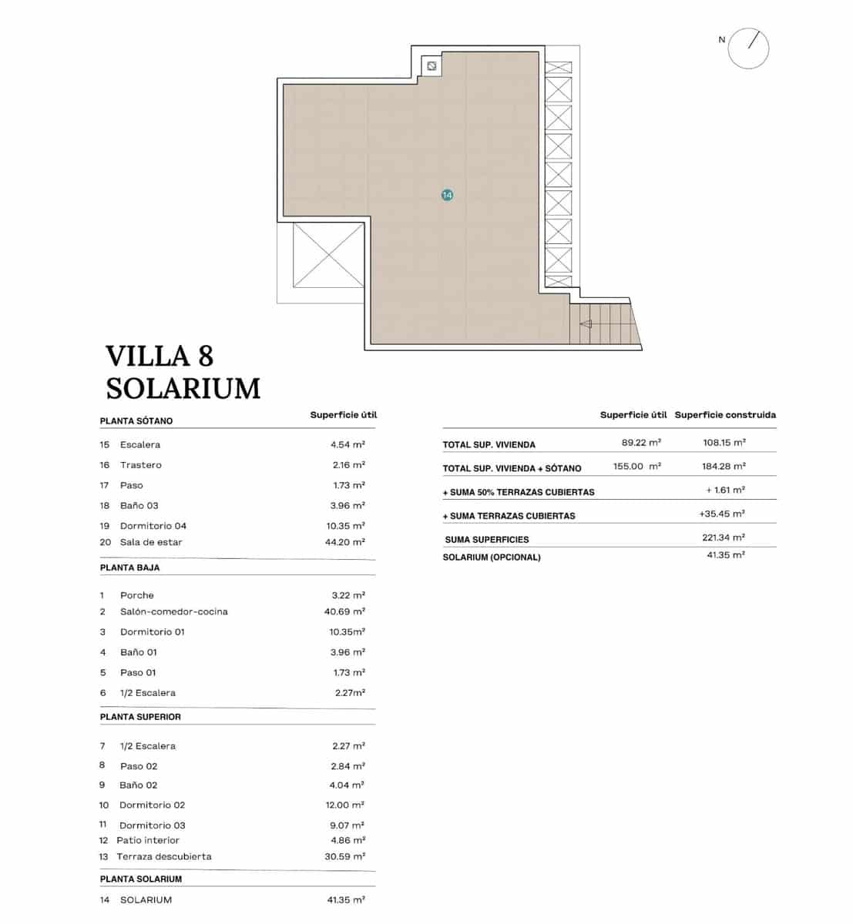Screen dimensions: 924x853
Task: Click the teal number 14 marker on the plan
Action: [447, 195]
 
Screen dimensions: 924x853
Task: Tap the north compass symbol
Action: [748, 48]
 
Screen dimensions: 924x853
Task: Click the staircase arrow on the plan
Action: [586, 324]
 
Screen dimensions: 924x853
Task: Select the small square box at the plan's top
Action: [432, 66]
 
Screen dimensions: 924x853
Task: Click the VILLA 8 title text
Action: [159, 357]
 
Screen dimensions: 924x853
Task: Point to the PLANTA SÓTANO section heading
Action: [136, 421]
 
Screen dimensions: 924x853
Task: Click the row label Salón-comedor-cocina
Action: [173, 611]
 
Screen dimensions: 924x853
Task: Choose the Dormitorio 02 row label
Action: [152, 805]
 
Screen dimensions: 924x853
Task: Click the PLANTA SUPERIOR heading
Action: [140, 717]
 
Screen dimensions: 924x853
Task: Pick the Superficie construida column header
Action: [725, 415]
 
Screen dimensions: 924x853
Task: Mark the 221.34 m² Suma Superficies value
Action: [724, 537]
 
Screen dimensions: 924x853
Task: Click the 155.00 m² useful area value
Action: [636, 467]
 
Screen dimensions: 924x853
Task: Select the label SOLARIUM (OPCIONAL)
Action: [492, 557]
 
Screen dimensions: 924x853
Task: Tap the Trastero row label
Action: [140, 465]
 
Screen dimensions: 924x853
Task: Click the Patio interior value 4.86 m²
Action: [348, 840]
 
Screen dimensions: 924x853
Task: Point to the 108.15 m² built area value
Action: [724, 443]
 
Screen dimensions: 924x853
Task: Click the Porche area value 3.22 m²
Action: [348, 595]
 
